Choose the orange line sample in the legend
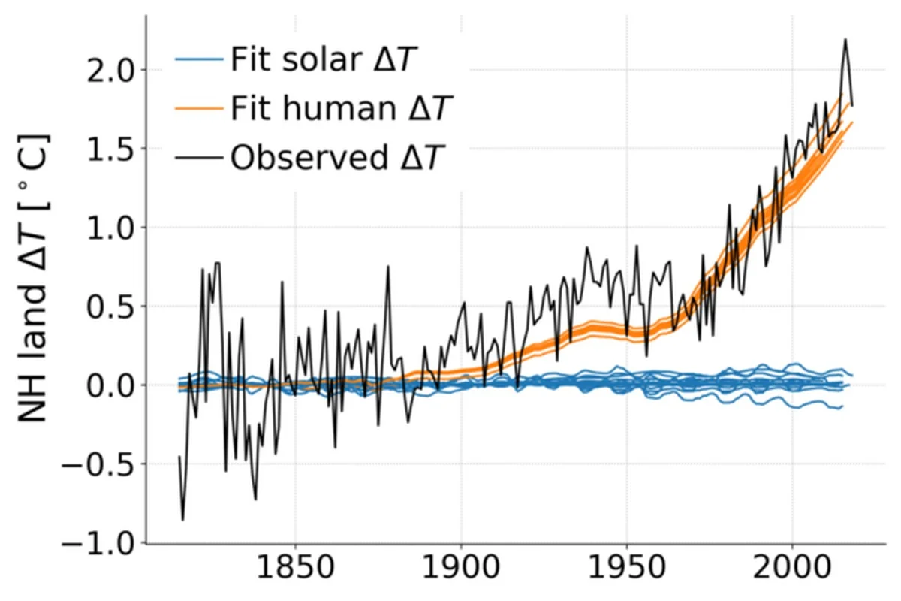[198, 109]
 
